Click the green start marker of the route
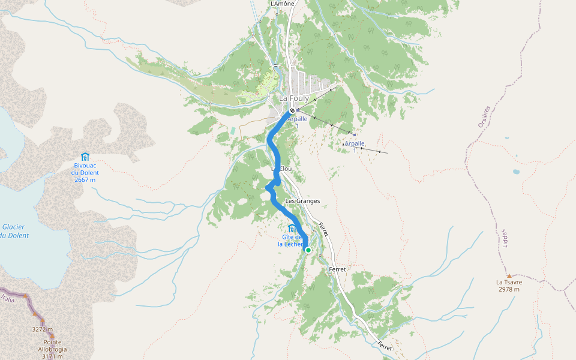coord(308,250)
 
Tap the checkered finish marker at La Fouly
coord(292,110)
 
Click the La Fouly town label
coord(293,98)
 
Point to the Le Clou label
coord(285,169)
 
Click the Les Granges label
coord(302,201)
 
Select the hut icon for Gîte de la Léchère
coord(292,228)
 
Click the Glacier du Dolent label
coord(13,231)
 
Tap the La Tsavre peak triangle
coord(509,275)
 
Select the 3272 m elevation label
coord(43,329)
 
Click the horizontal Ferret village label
coord(337,269)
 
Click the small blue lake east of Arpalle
coord(516,172)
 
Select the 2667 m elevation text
coord(86,179)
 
